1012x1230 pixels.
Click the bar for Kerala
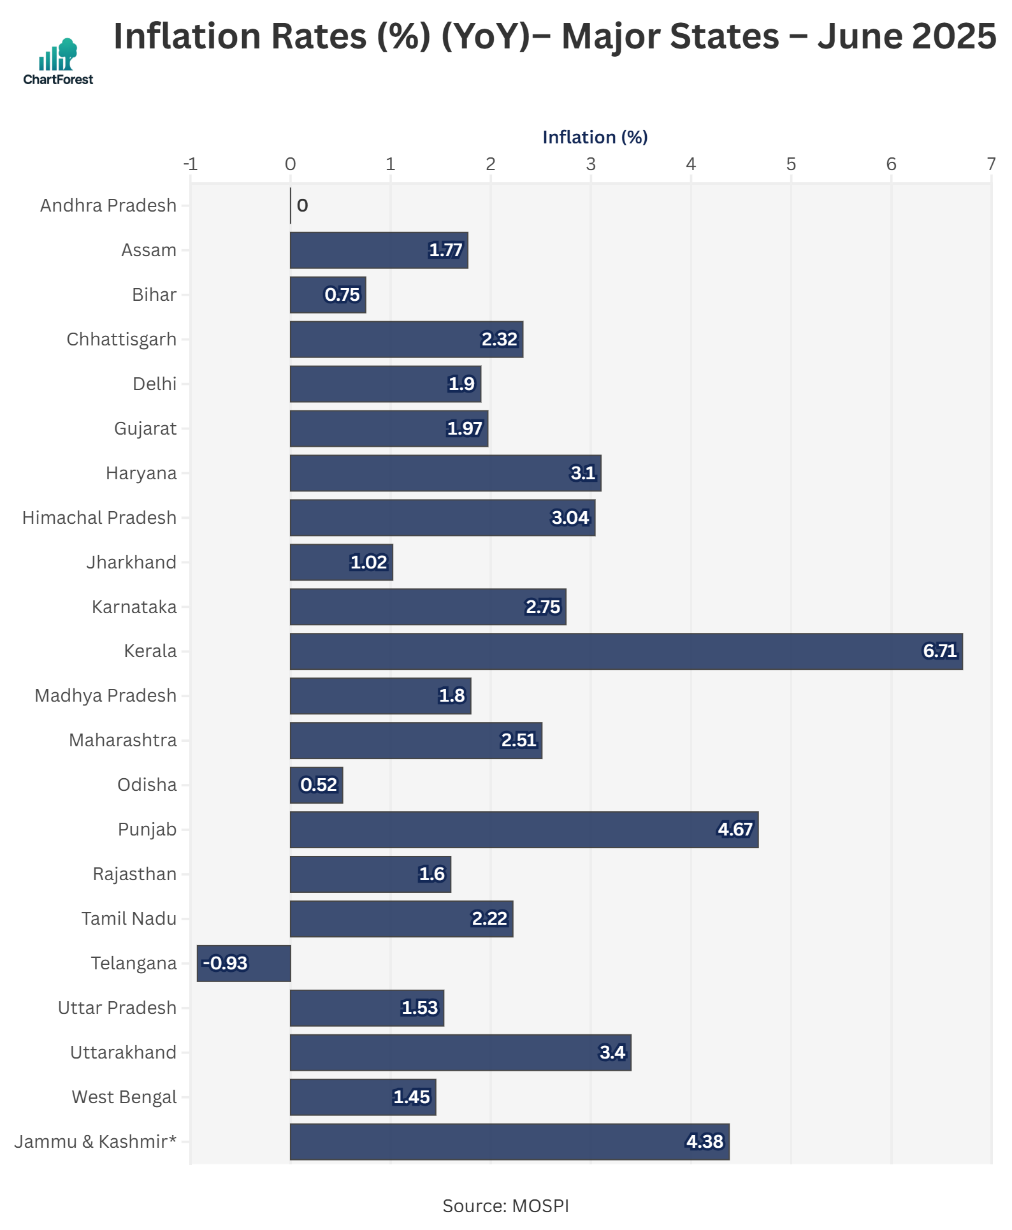click(x=626, y=651)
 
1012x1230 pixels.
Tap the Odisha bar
click(x=316, y=785)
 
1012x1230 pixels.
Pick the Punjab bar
click(x=524, y=829)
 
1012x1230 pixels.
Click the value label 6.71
click(x=939, y=651)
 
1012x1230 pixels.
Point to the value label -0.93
click(x=225, y=963)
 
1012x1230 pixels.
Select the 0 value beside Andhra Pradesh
click(x=302, y=206)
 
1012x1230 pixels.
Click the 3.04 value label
click(x=570, y=517)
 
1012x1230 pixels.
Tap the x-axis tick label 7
click(x=990, y=164)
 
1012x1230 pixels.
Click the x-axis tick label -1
click(x=190, y=164)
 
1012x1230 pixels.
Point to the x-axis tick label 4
click(x=690, y=164)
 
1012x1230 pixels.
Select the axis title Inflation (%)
click(x=595, y=137)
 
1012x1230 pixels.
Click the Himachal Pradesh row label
click(x=99, y=517)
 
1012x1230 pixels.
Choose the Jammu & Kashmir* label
click(x=96, y=1141)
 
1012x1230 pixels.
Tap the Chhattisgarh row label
click(x=121, y=339)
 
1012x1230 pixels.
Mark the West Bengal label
click(x=124, y=1097)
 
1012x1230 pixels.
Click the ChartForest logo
click(x=58, y=61)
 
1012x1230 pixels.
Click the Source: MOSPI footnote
click(x=505, y=1206)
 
